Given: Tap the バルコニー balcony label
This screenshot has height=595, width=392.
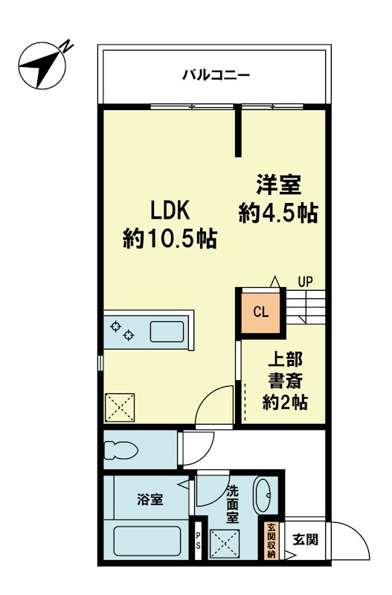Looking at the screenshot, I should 216,74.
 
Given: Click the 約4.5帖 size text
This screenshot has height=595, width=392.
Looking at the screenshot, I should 278,213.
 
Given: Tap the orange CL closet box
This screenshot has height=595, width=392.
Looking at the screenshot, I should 260,311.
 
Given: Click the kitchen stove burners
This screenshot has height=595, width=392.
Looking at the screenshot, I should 122,330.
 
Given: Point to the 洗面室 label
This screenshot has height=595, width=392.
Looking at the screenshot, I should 233,504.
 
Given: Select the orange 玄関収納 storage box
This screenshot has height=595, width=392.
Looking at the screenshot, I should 271,541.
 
